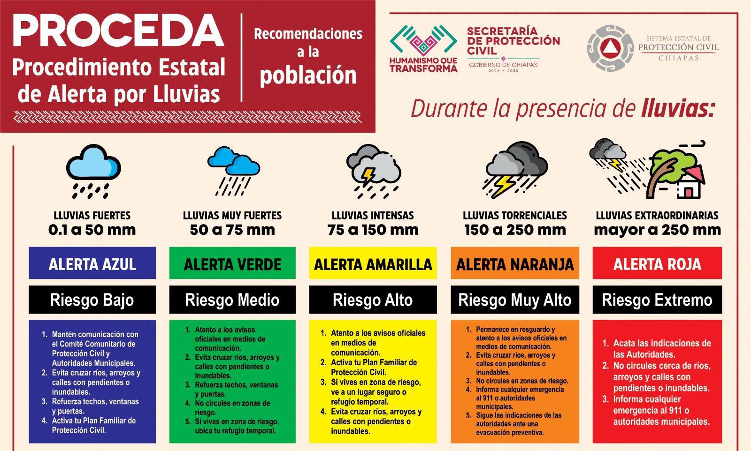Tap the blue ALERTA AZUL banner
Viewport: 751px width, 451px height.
click(92, 264)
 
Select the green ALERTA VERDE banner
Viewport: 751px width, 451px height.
click(232, 264)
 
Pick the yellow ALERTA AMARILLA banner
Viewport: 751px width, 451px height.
click(373, 264)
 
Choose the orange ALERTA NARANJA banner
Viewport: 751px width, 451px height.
click(515, 264)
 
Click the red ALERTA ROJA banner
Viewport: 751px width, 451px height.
click(657, 264)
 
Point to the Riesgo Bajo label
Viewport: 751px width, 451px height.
click(92, 300)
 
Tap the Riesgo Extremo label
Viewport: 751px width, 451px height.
click(657, 300)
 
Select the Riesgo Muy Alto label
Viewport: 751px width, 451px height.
click(515, 300)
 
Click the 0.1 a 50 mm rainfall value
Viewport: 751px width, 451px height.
click(92, 230)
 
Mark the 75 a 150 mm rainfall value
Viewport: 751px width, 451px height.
click(373, 230)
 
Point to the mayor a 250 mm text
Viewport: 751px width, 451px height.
click(657, 230)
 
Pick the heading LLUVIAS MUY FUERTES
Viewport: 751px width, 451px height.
click(232, 216)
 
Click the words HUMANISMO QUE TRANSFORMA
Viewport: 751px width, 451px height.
click(423, 65)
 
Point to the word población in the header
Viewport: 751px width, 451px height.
click(308, 75)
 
